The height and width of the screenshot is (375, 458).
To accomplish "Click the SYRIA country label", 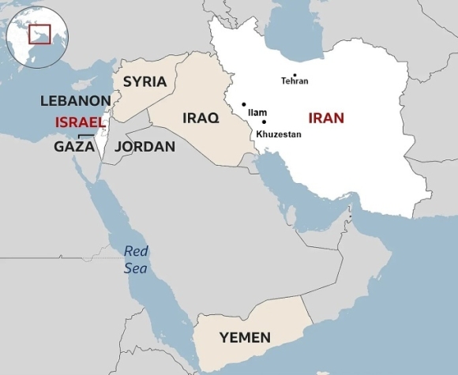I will pyautogui.click(x=145, y=81).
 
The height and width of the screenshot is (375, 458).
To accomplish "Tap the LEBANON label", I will pyautogui.click(x=75, y=100).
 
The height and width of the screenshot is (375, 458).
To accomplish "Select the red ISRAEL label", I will pyautogui.click(x=79, y=122).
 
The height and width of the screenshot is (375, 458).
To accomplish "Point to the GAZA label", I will pyautogui.click(x=74, y=146).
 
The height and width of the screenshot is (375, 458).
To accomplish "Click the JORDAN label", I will pyautogui.click(x=145, y=146).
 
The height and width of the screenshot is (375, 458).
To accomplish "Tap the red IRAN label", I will pyautogui.click(x=326, y=118).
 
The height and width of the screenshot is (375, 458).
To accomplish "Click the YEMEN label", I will pyautogui.click(x=245, y=338).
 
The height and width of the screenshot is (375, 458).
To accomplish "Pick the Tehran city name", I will pyautogui.click(x=295, y=81).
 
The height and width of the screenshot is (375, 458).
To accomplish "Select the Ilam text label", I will pyautogui.click(x=257, y=113).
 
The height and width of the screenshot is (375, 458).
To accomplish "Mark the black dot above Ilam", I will pyautogui.click(x=244, y=104).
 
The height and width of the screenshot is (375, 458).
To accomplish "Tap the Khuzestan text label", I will pyautogui.click(x=278, y=134).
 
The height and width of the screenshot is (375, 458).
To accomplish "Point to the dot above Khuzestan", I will pyautogui.click(x=264, y=122).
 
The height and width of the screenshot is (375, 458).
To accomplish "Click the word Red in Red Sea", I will pyautogui.click(x=136, y=252).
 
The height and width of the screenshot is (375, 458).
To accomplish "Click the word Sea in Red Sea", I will pyautogui.click(x=135, y=268).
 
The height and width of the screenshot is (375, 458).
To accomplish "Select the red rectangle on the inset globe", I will pyautogui.click(x=39, y=34).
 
